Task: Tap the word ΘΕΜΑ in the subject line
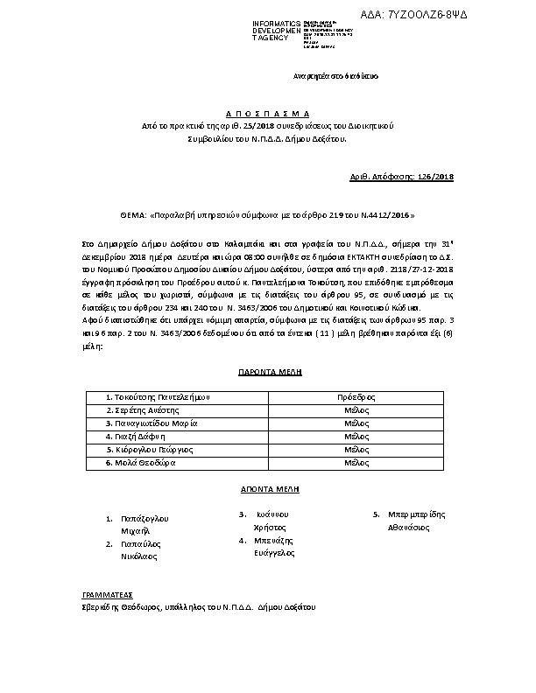point(134,214)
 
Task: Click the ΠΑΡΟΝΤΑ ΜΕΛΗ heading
point(270,372)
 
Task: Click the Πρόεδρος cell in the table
point(356,396)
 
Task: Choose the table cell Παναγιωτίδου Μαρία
point(152,423)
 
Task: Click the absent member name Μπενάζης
point(272,541)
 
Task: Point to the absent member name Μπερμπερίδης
point(415,515)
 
